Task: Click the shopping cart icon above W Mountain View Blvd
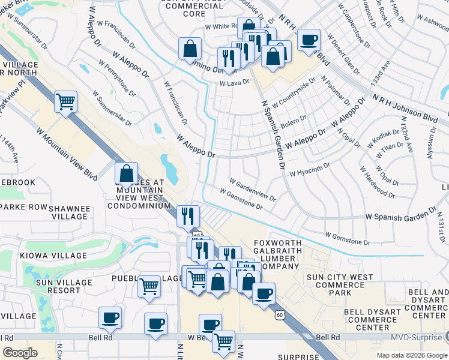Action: click(65, 101)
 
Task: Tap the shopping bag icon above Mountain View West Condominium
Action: click(127, 174)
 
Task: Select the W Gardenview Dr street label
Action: click(253, 189)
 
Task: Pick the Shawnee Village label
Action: click(69, 212)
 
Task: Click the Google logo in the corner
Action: click(20, 353)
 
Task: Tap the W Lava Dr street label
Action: click(234, 82)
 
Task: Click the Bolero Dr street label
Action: click(294, 121)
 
